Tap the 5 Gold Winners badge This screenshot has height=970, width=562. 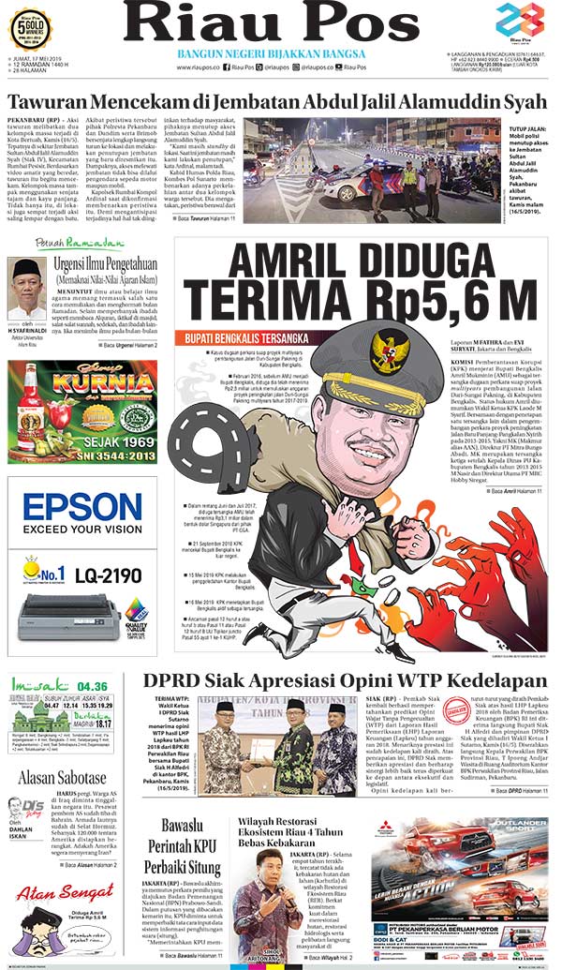[x=30, y=28]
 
